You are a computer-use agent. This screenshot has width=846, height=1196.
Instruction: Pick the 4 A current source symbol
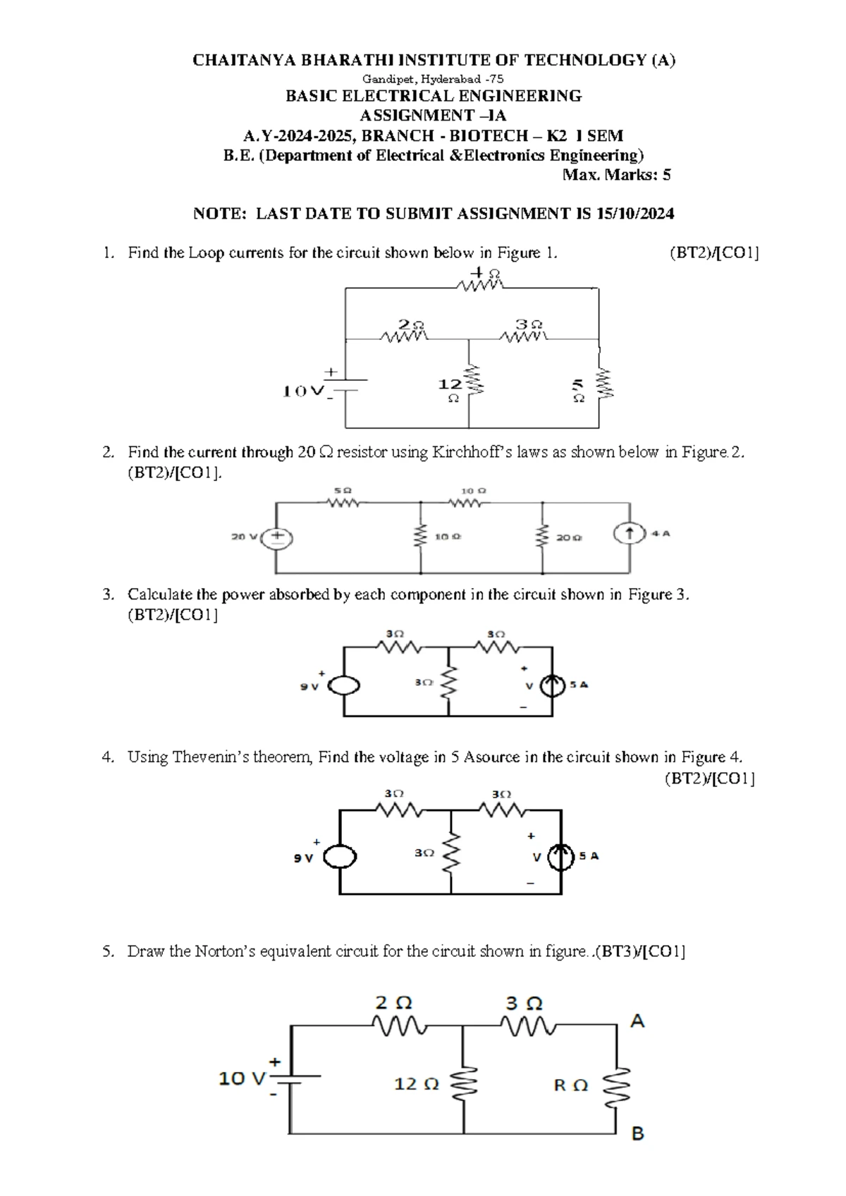coord(630,534)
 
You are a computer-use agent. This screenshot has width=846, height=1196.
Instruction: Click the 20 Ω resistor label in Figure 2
coord(569,537)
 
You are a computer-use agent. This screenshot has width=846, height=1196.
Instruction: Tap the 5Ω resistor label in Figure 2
coord(342,489)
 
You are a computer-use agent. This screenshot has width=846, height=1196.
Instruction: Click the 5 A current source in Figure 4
coord(562,857)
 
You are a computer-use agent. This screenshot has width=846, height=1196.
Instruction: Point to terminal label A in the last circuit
coord(637,1021)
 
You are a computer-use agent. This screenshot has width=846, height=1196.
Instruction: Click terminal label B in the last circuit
coord(637,1134)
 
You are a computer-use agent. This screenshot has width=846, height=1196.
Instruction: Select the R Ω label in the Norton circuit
coord(570,1086)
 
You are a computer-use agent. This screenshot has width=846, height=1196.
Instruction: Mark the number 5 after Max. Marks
coord(666,175)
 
